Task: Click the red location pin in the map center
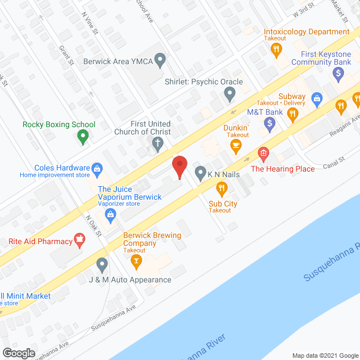(179, 167)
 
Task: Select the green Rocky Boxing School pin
(83, 136)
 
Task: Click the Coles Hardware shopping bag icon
(97, 168)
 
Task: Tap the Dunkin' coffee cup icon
(236, 146)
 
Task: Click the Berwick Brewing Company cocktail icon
(135, 261)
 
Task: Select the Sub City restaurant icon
(222, 188)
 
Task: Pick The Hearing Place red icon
(263, 153)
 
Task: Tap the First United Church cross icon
(157, 147)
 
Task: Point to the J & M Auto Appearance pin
(102, 264)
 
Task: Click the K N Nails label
(223, 174)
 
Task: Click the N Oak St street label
(92, 224)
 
